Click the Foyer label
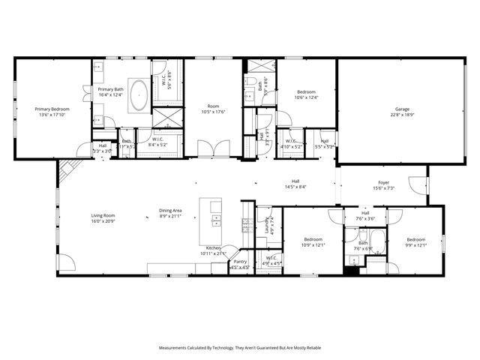pos(383,181)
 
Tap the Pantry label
pos(239,262)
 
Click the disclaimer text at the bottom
pos(240,348)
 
